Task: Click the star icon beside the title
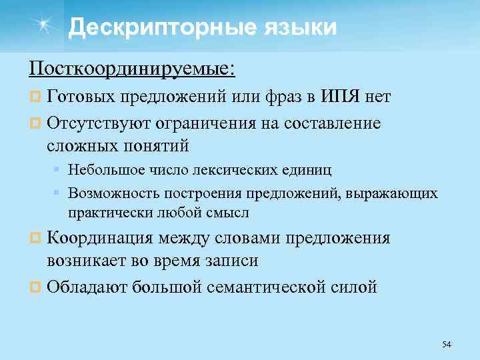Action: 45,26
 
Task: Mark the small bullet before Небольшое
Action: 58,170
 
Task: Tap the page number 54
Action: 447,344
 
